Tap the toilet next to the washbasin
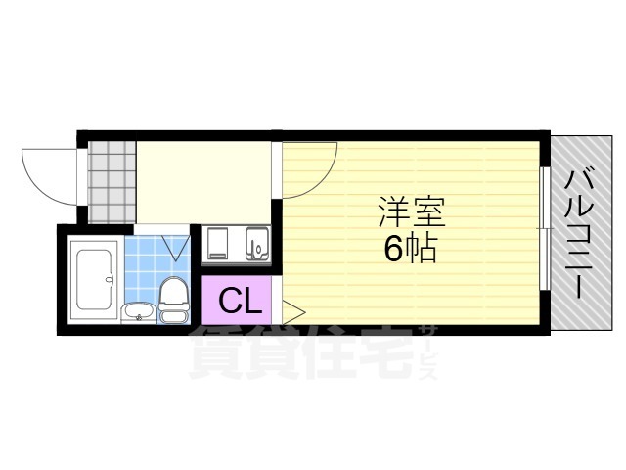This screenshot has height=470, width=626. pyautogui.click(x=173, y=299)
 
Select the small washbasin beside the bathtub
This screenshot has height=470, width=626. pyautogui.click(x=138, y=312)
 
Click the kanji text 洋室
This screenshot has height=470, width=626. pyautogui.click(x=411, y=212)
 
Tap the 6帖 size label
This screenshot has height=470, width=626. pyautogui.click(x=410, y=250)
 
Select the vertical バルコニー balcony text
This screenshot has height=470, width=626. pyautogui.click(x=579, y=233)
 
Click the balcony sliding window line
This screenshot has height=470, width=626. pyautogui.click(x=542, y=227)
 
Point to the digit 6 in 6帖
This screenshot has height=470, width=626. pyautogui.click(x=393, y=250)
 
